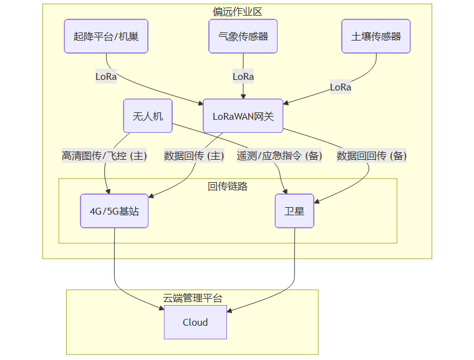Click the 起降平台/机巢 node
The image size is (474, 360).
(x=106, y=36)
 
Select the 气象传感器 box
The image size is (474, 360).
(x=243, y=36)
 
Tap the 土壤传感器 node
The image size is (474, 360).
(x=376, y=36)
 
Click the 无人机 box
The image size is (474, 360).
(x=148, y=116)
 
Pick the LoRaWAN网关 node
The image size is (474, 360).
(x=243, y=116)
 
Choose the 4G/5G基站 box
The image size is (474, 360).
(x=115, y=211)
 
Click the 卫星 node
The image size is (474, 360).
(x=294, y=211)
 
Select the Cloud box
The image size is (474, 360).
(x=195, y=323)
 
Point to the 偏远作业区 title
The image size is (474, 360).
(x=236, y=11)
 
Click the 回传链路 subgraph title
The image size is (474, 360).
(x=228, y=186)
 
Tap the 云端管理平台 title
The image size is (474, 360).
(x=192, y=298)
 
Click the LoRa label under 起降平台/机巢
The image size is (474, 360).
(x=105, y=76)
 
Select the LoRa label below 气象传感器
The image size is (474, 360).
(x=243, y=76)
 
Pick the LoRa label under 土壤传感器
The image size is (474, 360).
(x=341, y=87)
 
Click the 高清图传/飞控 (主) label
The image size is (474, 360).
(x=104, y=156)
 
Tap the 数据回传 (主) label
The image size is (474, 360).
(x=194, y=156)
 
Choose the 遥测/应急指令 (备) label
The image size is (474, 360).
(x=279, y=156)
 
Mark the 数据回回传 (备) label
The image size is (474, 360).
(x=372, y=156)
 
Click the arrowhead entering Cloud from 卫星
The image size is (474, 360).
(x=230, y=309)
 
